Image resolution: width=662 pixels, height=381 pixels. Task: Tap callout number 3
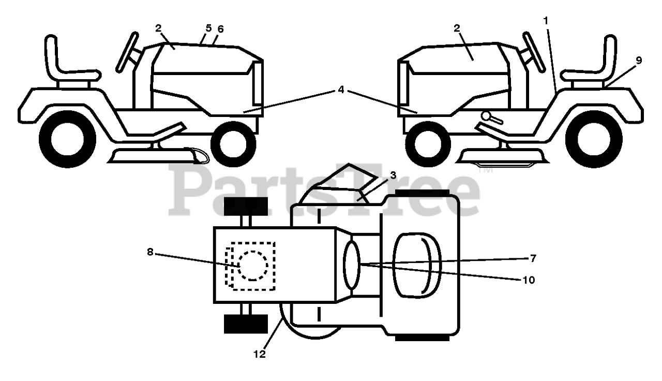(x=393, y=175)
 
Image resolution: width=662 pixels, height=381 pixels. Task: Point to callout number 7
(x=533, y=257)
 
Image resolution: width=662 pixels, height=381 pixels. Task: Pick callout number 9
(x=639, y=60)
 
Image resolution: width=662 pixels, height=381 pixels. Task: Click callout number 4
(x=340, y=89)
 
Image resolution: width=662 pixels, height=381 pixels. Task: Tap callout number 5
(x=208, y=28)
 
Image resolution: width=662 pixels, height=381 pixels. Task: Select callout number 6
(x=220, y=30)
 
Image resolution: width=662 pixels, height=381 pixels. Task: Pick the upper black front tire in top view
(x=245, y=206)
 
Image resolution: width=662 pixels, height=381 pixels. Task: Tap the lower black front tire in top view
(x=245, y=324)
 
